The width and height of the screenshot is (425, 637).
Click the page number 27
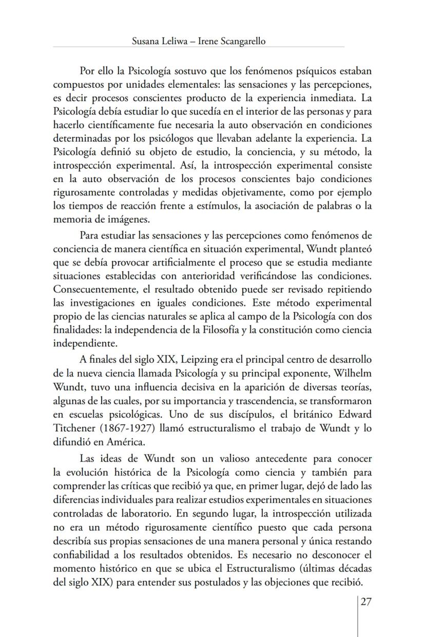click(365, 602)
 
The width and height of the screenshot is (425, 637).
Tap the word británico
click(310, 399)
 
